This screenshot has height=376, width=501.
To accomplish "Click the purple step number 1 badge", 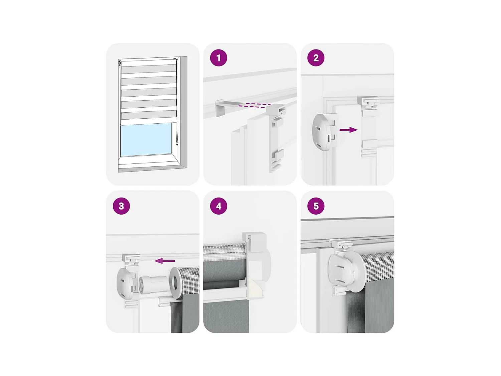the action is tap(218, 58).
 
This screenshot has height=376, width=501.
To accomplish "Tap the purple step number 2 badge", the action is tap(316, 58).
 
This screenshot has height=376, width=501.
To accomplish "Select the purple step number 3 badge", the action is tap(121, 206).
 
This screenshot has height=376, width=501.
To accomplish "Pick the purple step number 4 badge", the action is tap(218, 206).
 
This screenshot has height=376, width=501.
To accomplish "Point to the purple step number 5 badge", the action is tap(316, 206).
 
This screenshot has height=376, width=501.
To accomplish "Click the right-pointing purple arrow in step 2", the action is tap(349, 130).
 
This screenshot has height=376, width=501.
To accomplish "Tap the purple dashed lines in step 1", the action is tap(255, 106).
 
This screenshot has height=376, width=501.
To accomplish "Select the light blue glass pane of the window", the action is tap(146, 139).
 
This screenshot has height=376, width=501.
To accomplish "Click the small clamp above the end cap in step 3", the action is tap(131, 260).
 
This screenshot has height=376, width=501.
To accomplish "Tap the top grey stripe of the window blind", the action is tap(149, 69).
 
